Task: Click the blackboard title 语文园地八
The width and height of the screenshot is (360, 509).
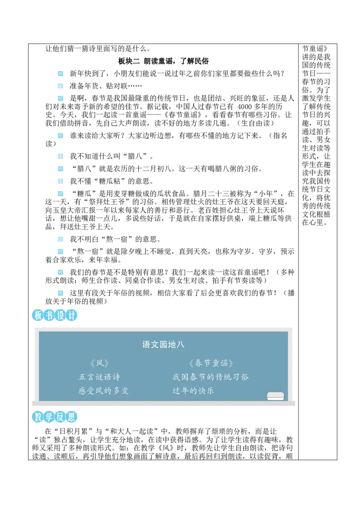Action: (x=163, y=345)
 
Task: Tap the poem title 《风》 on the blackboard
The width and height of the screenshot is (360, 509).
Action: (x=99, y=363)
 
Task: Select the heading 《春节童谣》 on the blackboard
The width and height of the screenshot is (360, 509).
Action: (x=211, y=363)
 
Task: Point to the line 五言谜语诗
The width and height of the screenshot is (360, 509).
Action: (x=99, y=377)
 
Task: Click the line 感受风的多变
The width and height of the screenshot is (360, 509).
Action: (x=103, y=391)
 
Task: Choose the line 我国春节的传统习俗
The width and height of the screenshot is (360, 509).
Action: (x=211, y=377)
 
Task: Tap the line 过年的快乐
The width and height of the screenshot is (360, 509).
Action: (x=193, y=391)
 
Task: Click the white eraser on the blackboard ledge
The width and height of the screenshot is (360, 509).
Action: (x=275, y=396)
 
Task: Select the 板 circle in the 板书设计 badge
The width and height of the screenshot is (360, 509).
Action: (x=38, y=316)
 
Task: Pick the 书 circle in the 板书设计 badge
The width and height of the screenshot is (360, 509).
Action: (x=49, y=316)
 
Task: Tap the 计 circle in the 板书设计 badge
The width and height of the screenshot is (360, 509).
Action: (x=72, y=316)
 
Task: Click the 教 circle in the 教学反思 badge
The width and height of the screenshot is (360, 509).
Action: (x=38, y=417)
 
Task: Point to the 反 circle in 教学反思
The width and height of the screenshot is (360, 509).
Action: (x=60, y=417)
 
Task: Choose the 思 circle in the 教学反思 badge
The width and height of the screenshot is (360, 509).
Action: (x=72, y=417)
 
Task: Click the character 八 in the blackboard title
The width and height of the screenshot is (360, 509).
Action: (x=180, y=345)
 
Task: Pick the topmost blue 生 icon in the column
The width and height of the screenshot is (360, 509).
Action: (x=61, y=86)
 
